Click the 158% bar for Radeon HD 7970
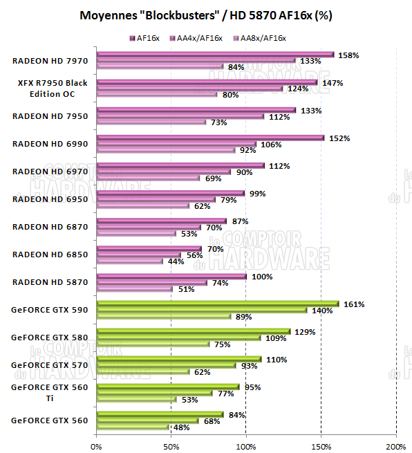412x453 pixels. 215,54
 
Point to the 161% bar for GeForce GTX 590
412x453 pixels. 218,304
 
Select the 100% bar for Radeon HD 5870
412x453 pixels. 171,276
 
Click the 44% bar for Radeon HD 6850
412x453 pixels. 130,261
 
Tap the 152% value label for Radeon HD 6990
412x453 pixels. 339,138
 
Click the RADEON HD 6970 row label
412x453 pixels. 50,172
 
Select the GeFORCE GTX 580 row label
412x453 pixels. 49,338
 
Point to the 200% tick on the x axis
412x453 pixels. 395,445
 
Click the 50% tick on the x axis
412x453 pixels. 171,445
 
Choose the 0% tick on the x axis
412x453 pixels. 96,445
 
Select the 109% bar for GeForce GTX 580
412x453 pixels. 178,338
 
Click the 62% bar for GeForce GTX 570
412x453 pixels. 143,372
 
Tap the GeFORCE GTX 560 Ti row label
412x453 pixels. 49,392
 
